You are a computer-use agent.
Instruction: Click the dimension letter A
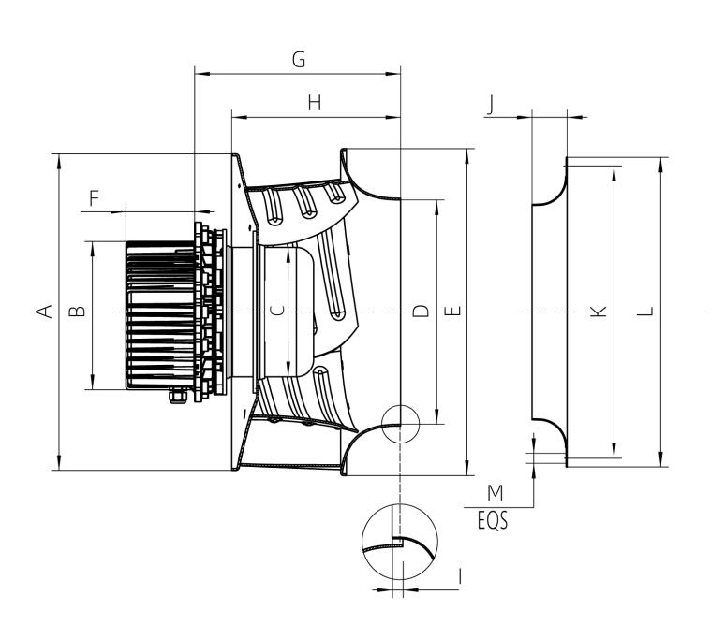43,312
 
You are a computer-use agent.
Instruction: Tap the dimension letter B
79,310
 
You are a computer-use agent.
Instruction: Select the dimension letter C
276,311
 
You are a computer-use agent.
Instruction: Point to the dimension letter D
422,311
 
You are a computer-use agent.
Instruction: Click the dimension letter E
451,311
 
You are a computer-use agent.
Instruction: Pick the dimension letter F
94,198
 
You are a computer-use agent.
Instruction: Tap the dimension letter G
299,59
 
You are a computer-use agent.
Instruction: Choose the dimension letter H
315,104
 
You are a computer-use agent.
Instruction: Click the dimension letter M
496,493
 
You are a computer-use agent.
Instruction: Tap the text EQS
491,520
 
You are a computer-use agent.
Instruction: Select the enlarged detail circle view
400,541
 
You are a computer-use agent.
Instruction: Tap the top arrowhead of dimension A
59,160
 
